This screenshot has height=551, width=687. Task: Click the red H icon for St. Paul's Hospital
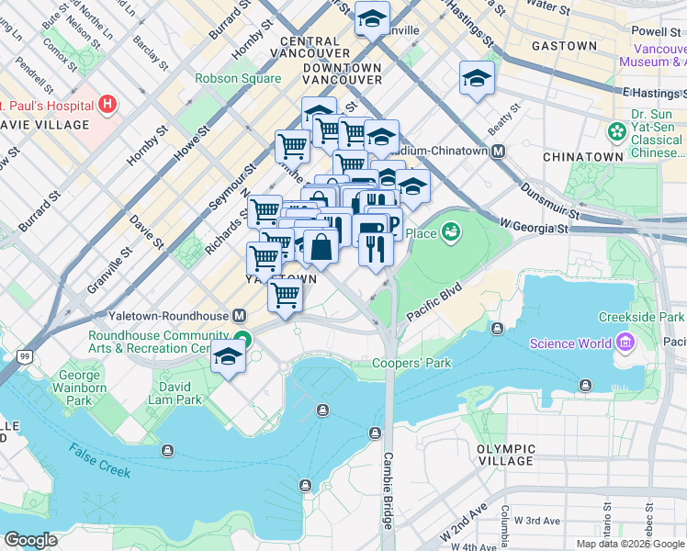click(x=108, y=103)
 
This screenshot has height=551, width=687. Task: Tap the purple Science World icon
click(x=627, y=343)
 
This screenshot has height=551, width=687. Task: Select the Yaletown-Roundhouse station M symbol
click(x=240, y=315)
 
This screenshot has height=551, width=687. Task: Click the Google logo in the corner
click(x=31, y=540)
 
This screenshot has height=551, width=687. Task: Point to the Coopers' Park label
click(x=411, y=364)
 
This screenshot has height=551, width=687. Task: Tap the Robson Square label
click(x=238, y=78)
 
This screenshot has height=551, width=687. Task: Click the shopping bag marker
click(x=321, y=247)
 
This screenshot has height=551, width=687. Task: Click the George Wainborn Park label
click(x=79, y=388)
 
